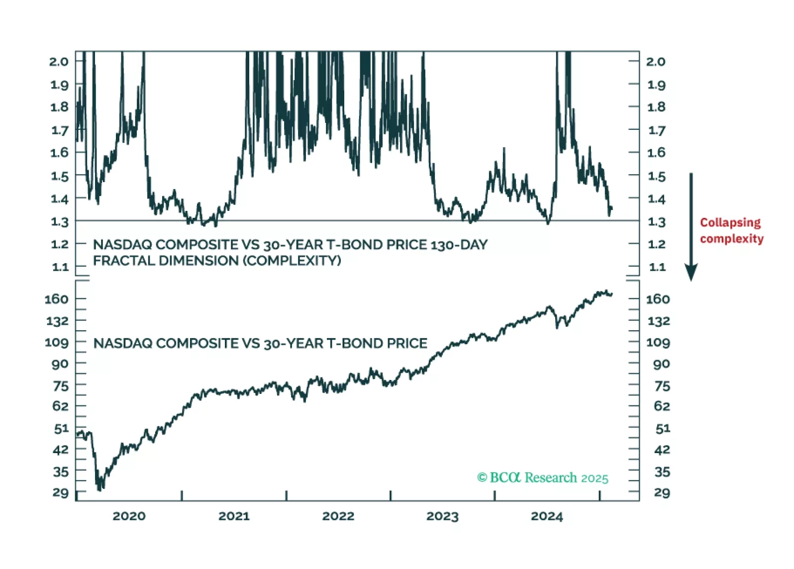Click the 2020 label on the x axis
pyautogui.click(x=129, y=516)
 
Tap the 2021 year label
pyautogui.click(x=234, y=516)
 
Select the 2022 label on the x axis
pyautogui.click(x=338, y=516)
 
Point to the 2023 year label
pyautogui.click(x=442, y=516)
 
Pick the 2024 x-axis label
pyautogui.click(x=547, y=516)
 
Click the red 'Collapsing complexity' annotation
pyautogui.click(x=731, y=231)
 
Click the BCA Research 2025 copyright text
pyautogui.click(x=543, y=478)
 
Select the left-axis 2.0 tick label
pyautogui.click(x=59, y=62)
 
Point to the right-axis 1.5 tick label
pyautogui.click(x=656, y=176)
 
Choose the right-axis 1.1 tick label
pyautogui.click(x=657, y=267)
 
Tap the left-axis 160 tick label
pyautogui.click(x=57, y=299)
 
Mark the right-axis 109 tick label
pyautogui.click(x=658, y=343)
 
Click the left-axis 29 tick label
pyautogui.click(x=61, y=493)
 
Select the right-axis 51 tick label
pyautogui.click(x=663, y=428)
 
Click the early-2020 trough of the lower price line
pyautogui.click(x=100, y=488)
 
